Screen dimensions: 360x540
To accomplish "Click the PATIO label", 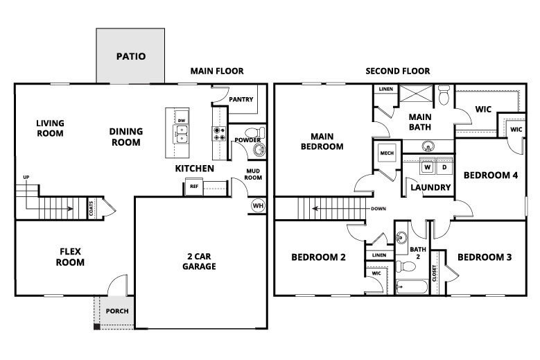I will (130, 56).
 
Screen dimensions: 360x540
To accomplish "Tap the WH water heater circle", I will (257, 205).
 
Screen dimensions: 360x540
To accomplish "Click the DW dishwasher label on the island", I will (182, 120).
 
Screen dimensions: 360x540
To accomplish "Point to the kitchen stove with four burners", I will (219, 134).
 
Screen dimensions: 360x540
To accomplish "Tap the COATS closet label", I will (91, 207).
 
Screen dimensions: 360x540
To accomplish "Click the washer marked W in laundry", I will (428, 167).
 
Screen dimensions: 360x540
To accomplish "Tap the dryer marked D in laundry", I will (444, 167).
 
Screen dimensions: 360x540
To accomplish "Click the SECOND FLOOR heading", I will (399, 71).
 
